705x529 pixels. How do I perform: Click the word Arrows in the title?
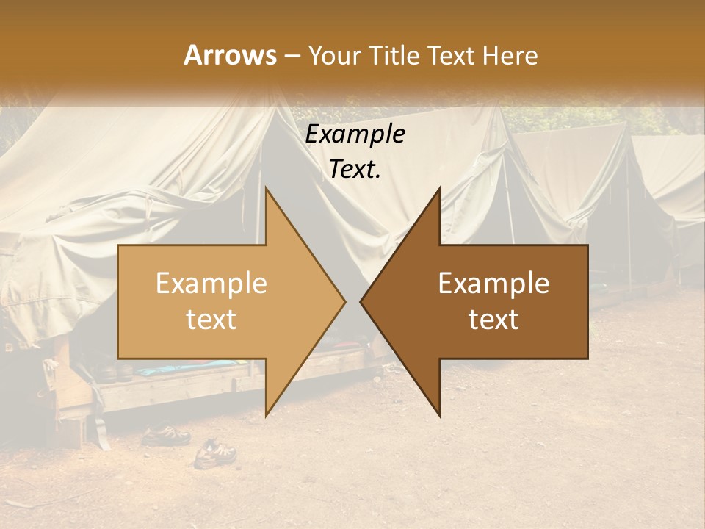point(230,55)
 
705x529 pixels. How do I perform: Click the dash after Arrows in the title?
point(292,56)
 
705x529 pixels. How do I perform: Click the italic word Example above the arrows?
point(355,134)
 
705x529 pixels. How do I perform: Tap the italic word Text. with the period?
point(355,169)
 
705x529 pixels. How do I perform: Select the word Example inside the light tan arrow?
point(211,284)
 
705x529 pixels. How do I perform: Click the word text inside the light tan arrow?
point(211,319)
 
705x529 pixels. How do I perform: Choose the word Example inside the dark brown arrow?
point(493,284)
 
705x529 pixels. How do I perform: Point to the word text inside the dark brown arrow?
point(493,319)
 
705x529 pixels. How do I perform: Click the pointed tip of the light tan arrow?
point(344,301)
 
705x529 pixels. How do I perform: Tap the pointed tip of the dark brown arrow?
point(361,301)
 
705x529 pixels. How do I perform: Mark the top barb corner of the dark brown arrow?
point(439,188)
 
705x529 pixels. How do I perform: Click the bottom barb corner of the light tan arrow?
point(266,415)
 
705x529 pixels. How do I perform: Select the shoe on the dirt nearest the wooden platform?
point(165,436)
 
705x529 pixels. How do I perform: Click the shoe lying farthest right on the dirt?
point(214,453)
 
